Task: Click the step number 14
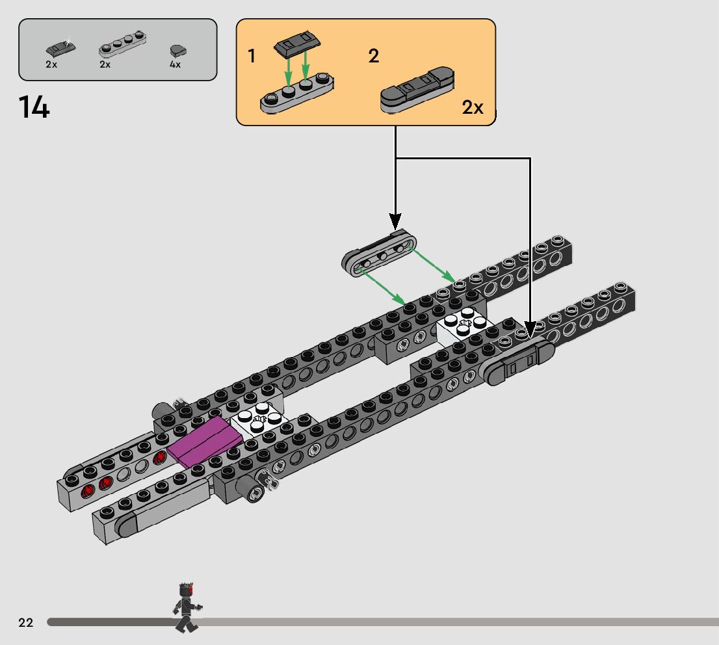tap(34, 107)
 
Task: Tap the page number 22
tap(26, 623)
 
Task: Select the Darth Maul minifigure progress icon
tap(186, 608)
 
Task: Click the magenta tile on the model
tap(205, 441)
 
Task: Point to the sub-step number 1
tap(252, 57)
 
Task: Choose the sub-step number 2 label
tap(373, 57)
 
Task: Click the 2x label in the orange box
tap(473, 108)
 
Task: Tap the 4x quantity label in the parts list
tap(175, 65)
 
